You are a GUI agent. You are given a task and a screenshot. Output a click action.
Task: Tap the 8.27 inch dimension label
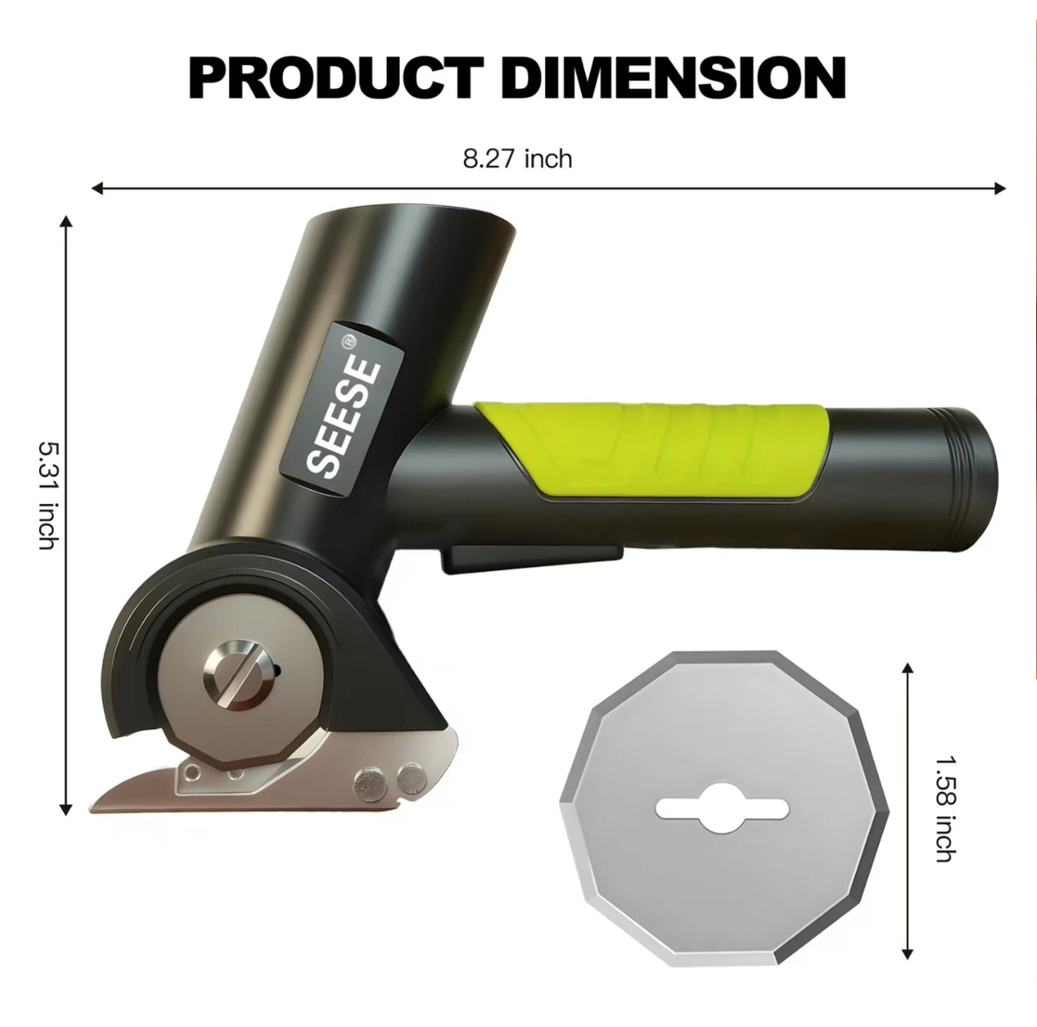[518, 158]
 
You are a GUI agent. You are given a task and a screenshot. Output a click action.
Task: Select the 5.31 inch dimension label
[48, 495]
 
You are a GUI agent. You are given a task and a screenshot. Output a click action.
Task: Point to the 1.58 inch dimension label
[943, 807]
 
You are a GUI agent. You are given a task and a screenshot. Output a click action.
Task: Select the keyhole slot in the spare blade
[723, 807]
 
